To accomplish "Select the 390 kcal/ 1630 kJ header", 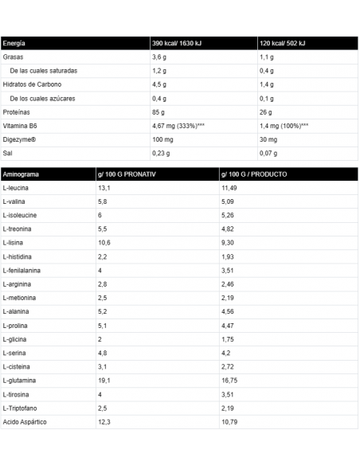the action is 178,43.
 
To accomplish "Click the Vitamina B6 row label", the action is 21,126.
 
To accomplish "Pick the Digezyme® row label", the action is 21,139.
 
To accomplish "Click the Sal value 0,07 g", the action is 269,153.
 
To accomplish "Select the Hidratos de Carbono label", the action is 33,84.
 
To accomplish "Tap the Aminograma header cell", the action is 21,174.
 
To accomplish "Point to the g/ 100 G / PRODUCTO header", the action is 254,174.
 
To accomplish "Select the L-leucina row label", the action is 18,188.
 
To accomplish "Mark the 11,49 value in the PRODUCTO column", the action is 229,188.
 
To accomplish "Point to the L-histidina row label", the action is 19,256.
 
